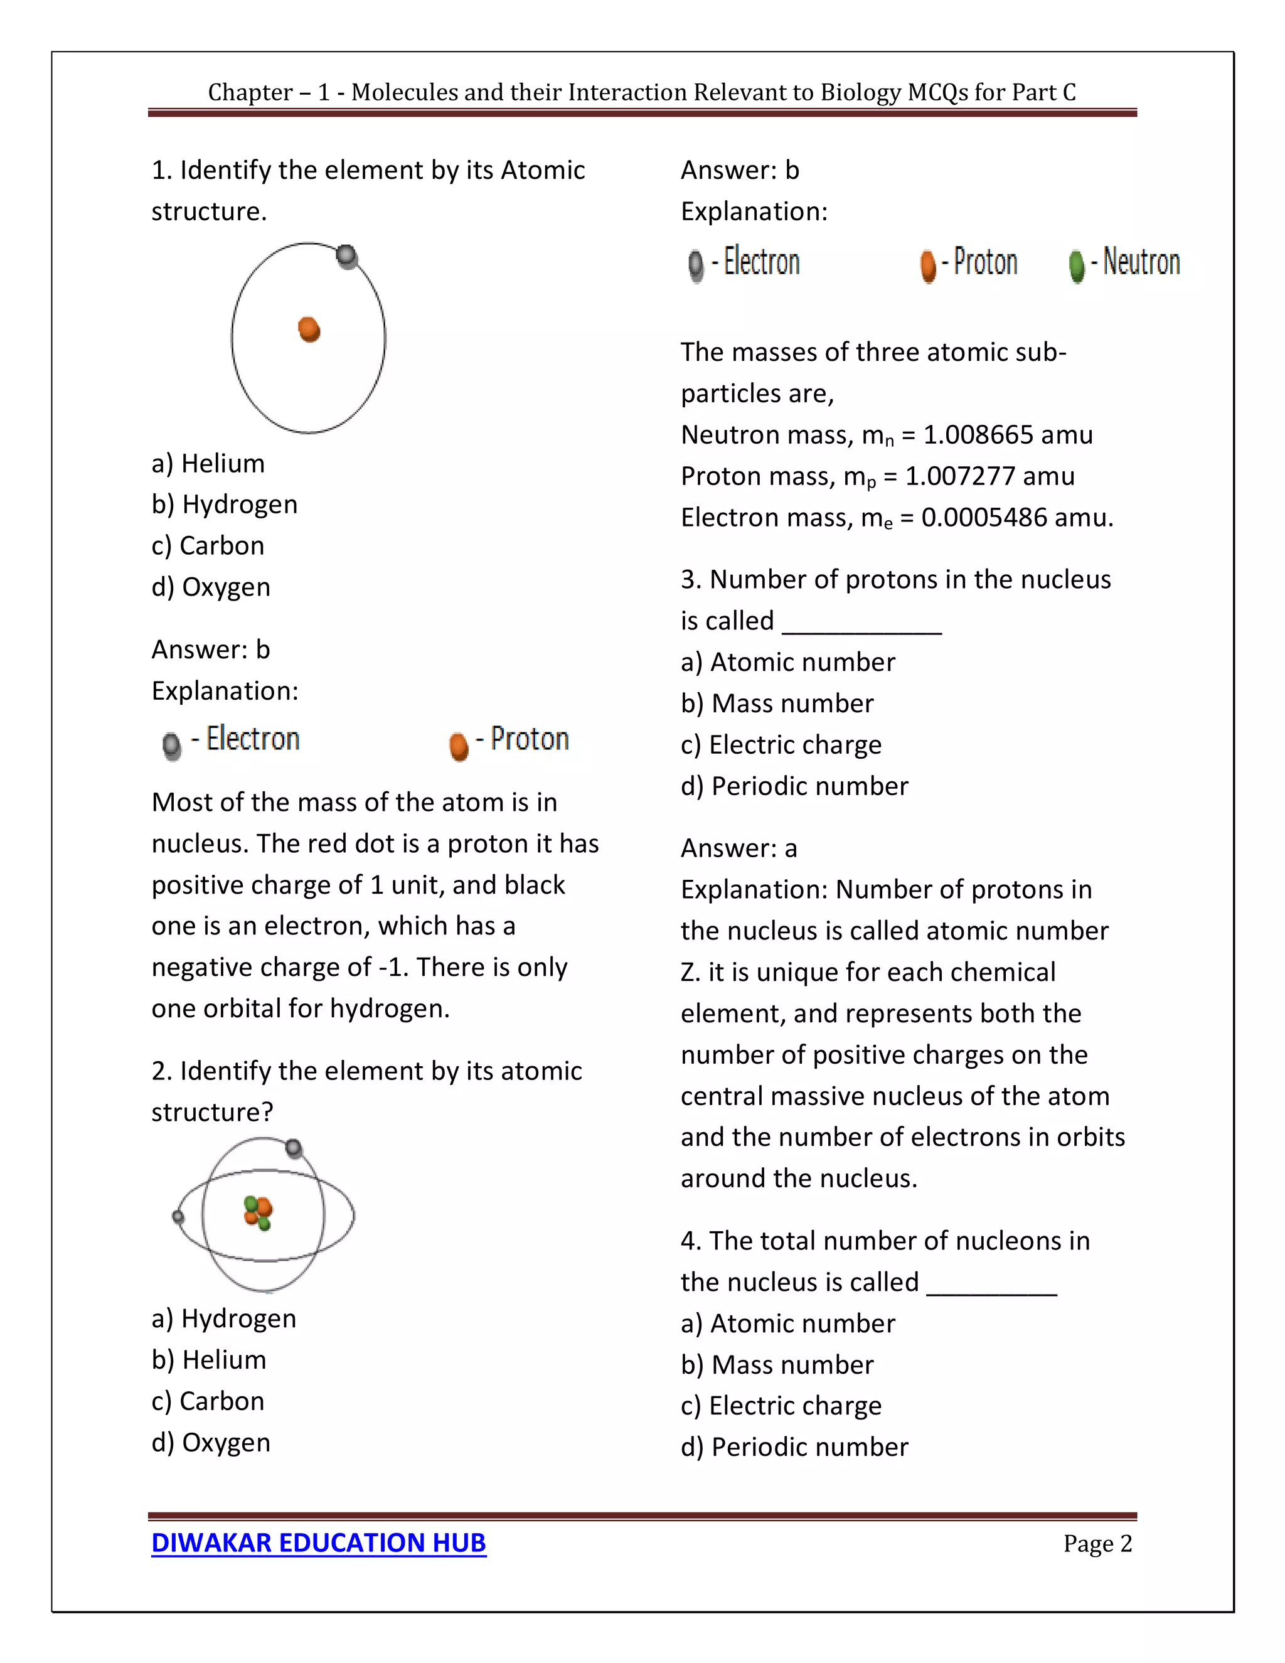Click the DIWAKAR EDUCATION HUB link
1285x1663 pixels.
318,1543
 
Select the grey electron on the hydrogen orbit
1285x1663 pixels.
346,257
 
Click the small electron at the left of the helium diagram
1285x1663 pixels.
178,1217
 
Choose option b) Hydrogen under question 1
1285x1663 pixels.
225,504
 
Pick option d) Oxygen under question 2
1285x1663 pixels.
211,1442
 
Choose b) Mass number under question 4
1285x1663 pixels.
777,1364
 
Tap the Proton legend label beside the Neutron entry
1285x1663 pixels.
985,262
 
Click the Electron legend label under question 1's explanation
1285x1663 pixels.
253,739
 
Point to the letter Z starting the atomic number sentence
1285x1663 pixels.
689,972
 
